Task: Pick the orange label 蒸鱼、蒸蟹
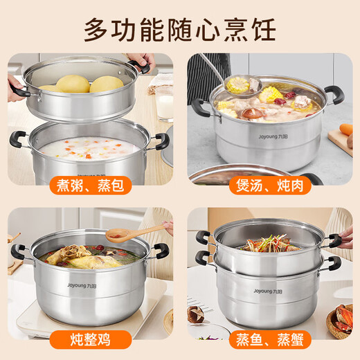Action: (269, 339)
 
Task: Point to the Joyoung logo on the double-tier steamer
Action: (267, 291)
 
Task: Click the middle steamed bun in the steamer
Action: (73, 84)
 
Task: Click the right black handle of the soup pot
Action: (335, 95)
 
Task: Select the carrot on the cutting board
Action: (347, 129)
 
